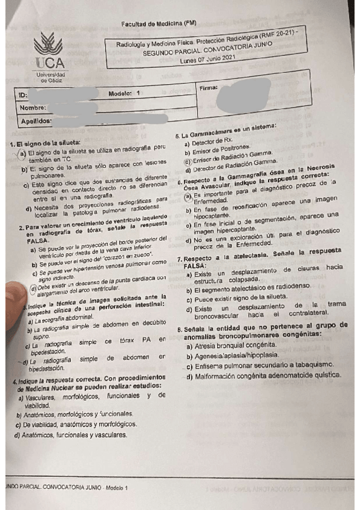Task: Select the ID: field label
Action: click(x=23, y=96)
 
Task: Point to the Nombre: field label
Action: click(x=34, y=108)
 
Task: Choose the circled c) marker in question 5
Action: click(x=188, y=161)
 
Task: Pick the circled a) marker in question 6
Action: click(x=188, y=196)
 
